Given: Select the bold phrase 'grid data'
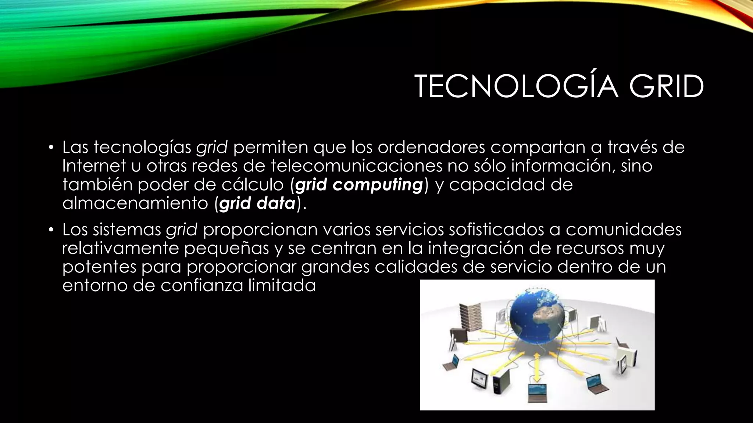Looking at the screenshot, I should click(x=257, y=204).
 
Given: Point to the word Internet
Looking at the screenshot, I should click(x=94, y=166).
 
